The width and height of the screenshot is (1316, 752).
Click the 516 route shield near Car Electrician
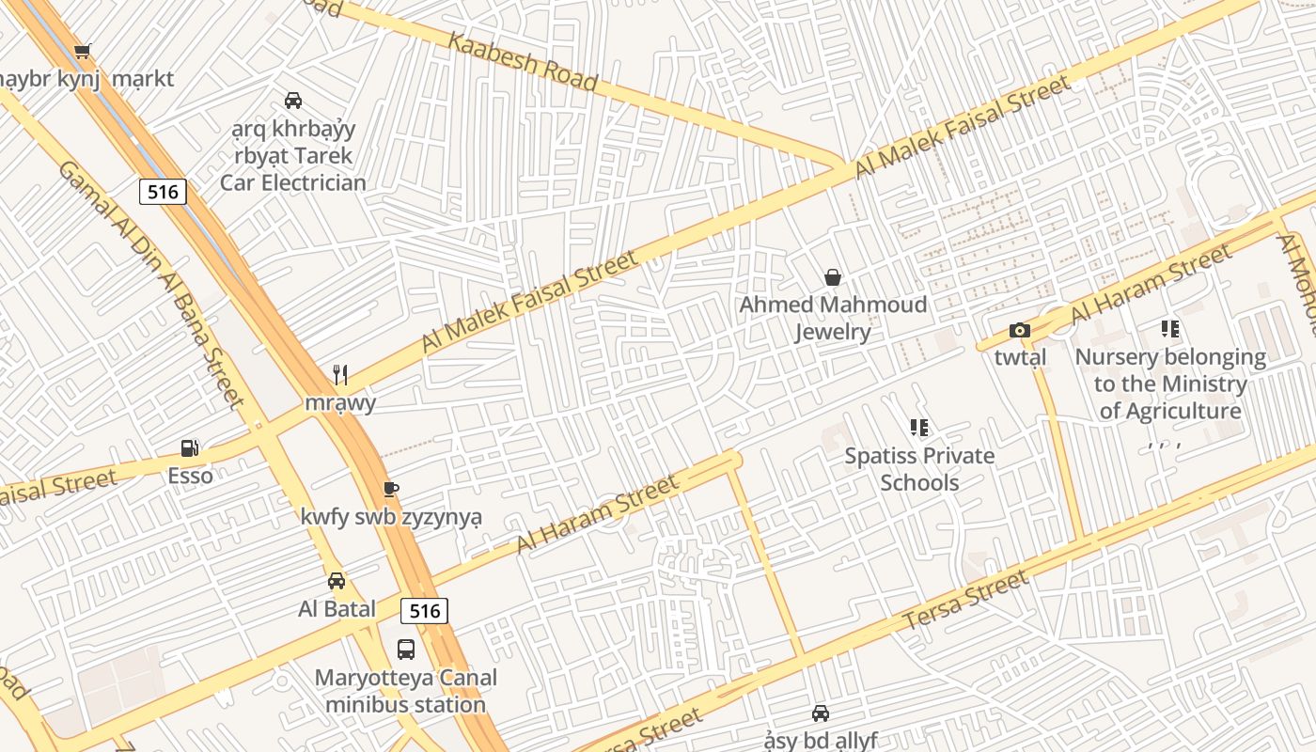163,192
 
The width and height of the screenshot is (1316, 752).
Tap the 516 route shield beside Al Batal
424,610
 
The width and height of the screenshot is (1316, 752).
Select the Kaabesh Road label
523,62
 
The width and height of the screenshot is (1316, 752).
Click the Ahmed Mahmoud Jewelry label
832,318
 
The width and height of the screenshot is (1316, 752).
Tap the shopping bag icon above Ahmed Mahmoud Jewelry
832,277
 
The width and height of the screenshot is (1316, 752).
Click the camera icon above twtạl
1019,330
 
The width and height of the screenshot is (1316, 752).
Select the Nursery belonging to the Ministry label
1170,384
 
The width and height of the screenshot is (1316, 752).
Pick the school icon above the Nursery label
1169,329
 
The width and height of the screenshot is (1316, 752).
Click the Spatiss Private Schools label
918,469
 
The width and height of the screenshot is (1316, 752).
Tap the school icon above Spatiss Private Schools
918,429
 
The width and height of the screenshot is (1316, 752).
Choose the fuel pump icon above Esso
189,448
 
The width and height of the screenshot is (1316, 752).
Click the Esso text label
190,476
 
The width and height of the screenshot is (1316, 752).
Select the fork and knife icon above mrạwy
340,375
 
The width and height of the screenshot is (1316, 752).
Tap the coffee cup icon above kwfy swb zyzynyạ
391,489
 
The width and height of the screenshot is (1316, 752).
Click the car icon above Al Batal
337,581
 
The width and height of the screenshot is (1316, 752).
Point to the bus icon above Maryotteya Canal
406,649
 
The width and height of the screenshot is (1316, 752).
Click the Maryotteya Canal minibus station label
406,691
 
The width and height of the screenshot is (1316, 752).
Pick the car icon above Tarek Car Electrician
293,101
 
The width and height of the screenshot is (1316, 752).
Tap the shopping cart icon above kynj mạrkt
83,51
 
